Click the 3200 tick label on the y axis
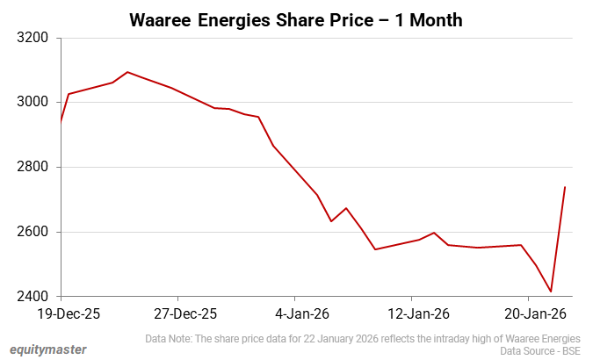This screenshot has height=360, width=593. click(28, 38)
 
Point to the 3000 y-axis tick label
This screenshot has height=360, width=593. click(28, 103)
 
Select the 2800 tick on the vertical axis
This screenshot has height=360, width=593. click(28, 167)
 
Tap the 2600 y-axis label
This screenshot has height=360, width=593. click(28, 232)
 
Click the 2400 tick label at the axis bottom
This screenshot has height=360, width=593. click(28, 297)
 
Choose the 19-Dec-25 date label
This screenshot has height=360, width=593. click(61, 313)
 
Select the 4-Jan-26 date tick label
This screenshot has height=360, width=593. click(295, 313)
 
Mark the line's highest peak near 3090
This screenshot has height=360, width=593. click(127, 72)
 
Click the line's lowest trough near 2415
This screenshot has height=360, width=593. click(551, 292)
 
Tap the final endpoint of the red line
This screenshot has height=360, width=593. click(565, 187)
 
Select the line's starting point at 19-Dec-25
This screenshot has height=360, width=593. click(61, 121)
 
